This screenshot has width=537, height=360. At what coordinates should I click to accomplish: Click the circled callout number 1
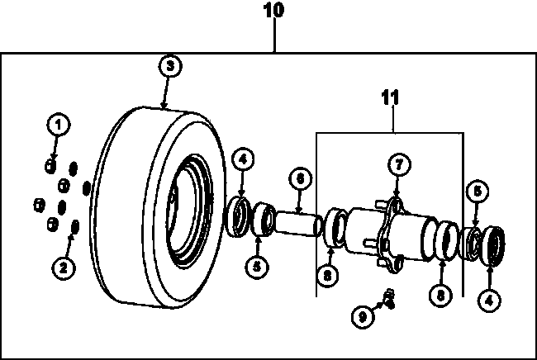[x=59, y=124]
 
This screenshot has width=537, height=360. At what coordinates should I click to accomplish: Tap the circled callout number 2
[x=64, y=268]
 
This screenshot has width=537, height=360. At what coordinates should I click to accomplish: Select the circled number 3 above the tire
[x=170, y=65]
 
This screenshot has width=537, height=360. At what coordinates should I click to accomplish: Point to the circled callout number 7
[x=399, y=165]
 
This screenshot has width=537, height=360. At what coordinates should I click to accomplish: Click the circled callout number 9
[x=363, y=316]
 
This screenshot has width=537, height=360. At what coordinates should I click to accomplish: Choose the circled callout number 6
[x=301, y=178]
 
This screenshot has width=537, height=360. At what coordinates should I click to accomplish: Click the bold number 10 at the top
[x=273, y=10]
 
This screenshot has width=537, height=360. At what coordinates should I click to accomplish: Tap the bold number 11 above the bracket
[x=390, y=97]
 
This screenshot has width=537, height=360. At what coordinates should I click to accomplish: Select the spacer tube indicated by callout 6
[x=297, y=224]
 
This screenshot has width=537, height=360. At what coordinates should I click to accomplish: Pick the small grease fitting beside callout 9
[x=389, y=298]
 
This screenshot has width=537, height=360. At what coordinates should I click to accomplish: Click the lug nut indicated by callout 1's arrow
[x=50, y=166]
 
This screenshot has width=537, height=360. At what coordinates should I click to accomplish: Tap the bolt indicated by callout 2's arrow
[x=74, y=226]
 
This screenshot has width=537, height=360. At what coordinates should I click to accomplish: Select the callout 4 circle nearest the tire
[x=243, y=160]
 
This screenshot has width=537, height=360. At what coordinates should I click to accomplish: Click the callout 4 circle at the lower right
[x=489, y=301]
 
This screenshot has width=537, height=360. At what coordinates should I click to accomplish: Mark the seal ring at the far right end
[x=492, y=246]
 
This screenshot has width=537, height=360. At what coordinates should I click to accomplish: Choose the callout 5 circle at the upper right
[x=478, y=192]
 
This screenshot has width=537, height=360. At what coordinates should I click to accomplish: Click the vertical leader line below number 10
[x=274, y=35]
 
